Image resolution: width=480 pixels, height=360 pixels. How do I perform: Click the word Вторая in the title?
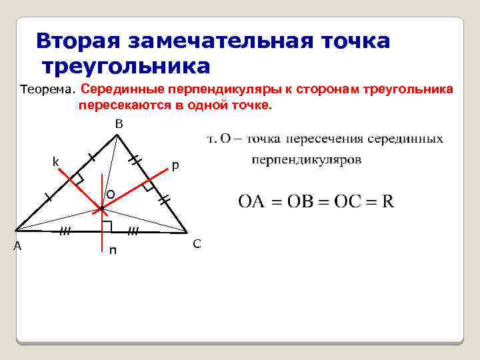(77, 40)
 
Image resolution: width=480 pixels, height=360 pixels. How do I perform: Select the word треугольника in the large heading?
(126, 67)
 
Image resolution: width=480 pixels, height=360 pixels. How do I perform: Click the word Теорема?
(48, 89)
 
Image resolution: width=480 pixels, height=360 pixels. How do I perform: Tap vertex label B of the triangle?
(118, 123)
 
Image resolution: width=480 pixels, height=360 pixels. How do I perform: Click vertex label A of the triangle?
(18, 245)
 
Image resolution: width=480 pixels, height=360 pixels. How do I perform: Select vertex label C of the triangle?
(197, 243)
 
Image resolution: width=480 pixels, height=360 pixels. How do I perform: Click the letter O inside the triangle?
(110, 194)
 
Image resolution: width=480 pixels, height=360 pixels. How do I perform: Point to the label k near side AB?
(56, 162)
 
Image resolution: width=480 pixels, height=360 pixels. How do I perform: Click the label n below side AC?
(113, 251)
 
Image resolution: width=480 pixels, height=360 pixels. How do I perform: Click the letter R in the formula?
(387, 201)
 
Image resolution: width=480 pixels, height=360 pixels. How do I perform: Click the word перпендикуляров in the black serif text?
(307, 160)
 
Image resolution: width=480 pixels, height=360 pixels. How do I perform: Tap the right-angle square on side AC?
(107, 226)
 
